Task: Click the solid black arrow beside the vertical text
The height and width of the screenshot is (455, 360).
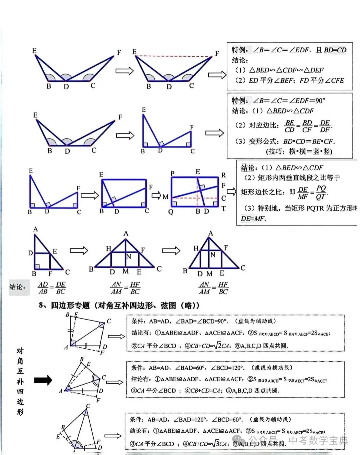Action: (x=43, y=380)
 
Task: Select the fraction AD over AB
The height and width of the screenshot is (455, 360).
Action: (x=43, y=288)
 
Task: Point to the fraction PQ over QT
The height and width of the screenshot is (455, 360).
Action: (x=321, y=192)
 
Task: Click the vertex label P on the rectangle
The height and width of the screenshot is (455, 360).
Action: (x=172, y=173)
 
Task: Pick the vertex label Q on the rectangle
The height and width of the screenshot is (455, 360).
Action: (x=171, y=212)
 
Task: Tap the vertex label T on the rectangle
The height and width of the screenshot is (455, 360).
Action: (x=223, y=208)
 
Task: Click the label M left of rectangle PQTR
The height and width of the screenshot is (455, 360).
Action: (x=165, y=197)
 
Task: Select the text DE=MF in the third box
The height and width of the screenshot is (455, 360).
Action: (x=254, y=219)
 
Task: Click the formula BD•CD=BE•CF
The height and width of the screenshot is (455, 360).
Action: (x=309, y=141)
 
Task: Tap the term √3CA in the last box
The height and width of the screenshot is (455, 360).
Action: (x=220, y=444)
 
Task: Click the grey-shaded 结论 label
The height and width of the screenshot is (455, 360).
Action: (x=17, y=287)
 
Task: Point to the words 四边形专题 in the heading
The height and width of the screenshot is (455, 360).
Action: (x=70, y=305)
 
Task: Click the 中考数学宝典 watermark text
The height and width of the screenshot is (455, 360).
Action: (x=318, y=440)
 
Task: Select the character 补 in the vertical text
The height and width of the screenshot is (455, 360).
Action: (x=20, y=381)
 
